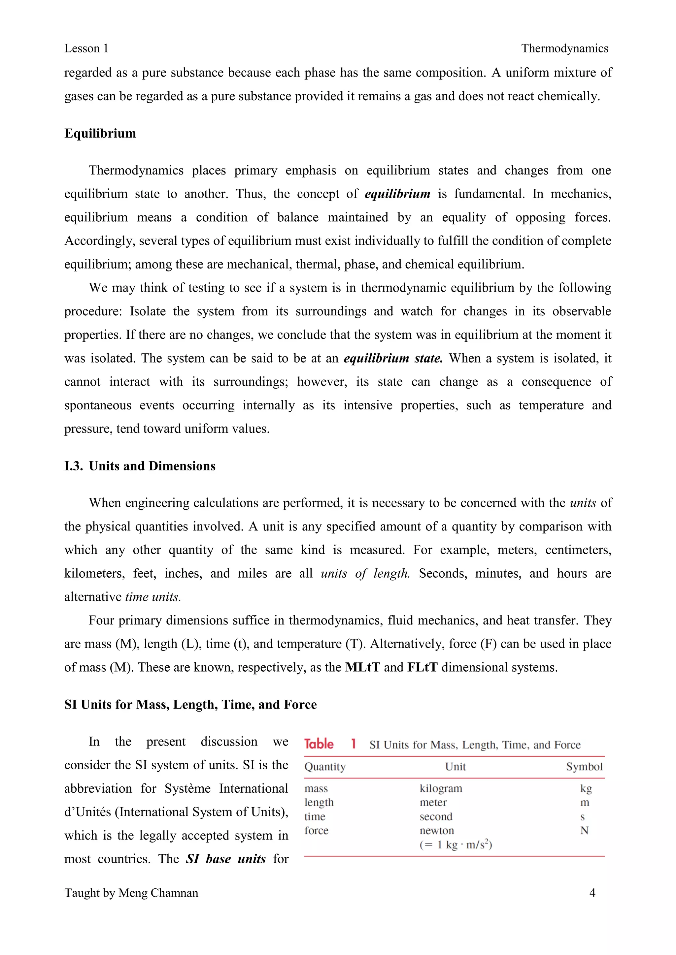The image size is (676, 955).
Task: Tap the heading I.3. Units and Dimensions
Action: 140,466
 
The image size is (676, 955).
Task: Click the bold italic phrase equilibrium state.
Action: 393,358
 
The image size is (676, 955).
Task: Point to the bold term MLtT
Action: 362,667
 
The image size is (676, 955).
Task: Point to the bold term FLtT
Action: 422,667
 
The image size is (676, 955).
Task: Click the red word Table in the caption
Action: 319,744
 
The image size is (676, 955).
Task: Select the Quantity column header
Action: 325,767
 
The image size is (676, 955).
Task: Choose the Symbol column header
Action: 584,767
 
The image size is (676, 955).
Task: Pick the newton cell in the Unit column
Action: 437,831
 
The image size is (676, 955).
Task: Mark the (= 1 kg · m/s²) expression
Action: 456,845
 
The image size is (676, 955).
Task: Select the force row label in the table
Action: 316,831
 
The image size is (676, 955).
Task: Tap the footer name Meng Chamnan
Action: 158,893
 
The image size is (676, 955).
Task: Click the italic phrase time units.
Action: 153,597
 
